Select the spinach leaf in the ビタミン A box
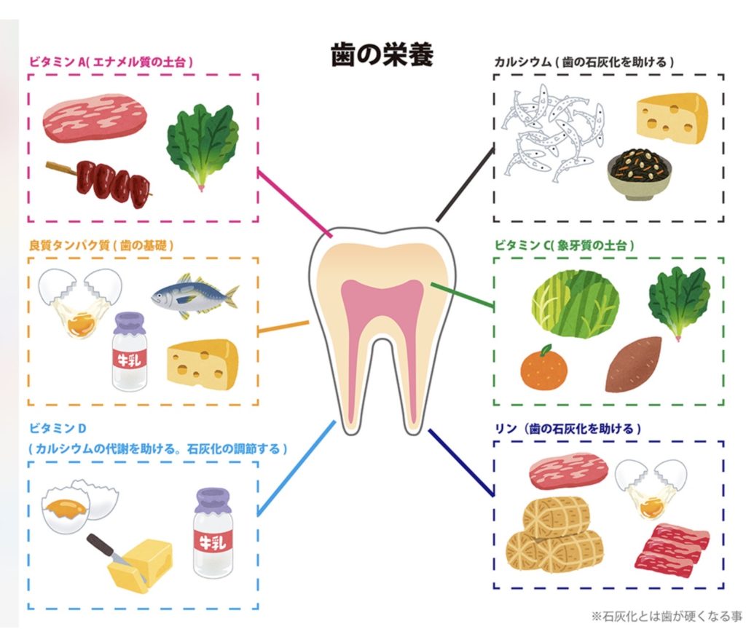pyautogui.click(x=203, y=146)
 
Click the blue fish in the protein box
pyautogui.click(x=194, y=294)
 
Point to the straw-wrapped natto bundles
pyautogui.click(x=561, y=531)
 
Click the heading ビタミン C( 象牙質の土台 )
pyautogui.click(x=563, y=245)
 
